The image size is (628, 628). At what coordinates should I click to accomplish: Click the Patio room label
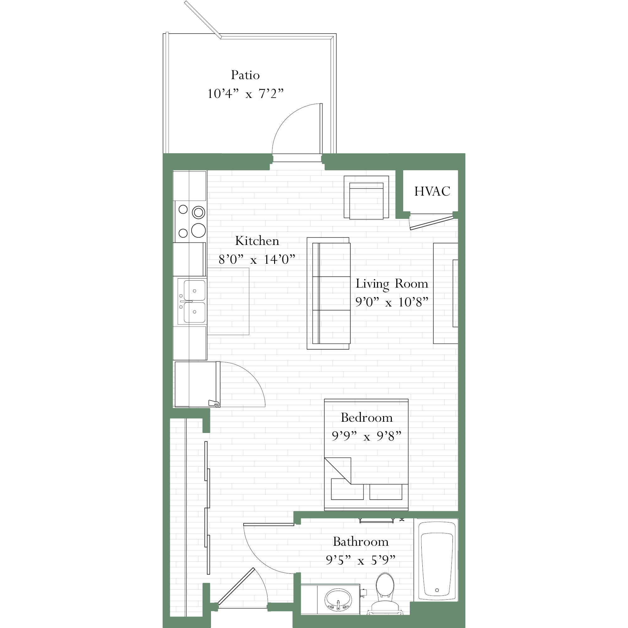246,75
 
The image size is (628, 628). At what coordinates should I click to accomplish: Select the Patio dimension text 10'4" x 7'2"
246,94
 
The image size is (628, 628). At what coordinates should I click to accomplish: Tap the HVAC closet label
432,191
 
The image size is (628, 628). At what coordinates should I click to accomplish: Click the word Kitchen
257,241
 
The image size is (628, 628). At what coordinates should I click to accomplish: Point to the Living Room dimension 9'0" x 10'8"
392,302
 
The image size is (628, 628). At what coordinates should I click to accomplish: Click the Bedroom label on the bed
367,417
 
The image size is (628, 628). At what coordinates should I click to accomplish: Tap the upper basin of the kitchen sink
194,290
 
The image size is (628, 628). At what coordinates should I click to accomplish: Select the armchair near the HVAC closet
366,197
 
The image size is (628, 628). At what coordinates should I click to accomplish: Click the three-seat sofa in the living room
329,293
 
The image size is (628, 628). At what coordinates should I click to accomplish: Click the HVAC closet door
431,222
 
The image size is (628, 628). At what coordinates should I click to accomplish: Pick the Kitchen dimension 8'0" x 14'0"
257,259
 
